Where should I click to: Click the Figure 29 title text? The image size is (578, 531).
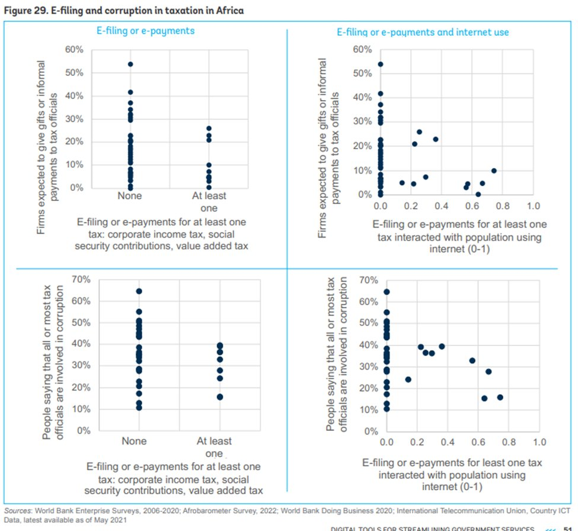point(123,11)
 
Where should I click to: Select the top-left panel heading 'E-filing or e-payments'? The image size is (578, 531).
point(145,30)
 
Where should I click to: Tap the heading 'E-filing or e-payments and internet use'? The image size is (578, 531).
point(423,31)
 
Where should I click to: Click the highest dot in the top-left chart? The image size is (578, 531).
point(130,64)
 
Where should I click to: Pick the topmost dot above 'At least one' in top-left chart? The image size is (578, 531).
point(209,129)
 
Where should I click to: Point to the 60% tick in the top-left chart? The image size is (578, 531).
point(74,49)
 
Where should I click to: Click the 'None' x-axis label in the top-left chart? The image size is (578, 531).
point(130,196)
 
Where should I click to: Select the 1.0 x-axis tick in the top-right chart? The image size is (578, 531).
point(533,206)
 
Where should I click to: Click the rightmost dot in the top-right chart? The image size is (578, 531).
point(494,171)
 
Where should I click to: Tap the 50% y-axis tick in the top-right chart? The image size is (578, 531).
point(362,73)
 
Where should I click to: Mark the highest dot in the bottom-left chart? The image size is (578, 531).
point(139,291)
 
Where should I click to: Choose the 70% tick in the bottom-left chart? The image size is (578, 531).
point(79,279)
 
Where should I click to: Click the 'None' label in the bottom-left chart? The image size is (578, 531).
point(134,442)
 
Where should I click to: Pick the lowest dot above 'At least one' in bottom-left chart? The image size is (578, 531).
point(220,396)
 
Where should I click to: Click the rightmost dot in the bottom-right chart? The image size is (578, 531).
point(500,397)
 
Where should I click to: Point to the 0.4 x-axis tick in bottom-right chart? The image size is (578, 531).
point(447,443)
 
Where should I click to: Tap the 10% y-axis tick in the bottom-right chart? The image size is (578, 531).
point(369,410)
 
